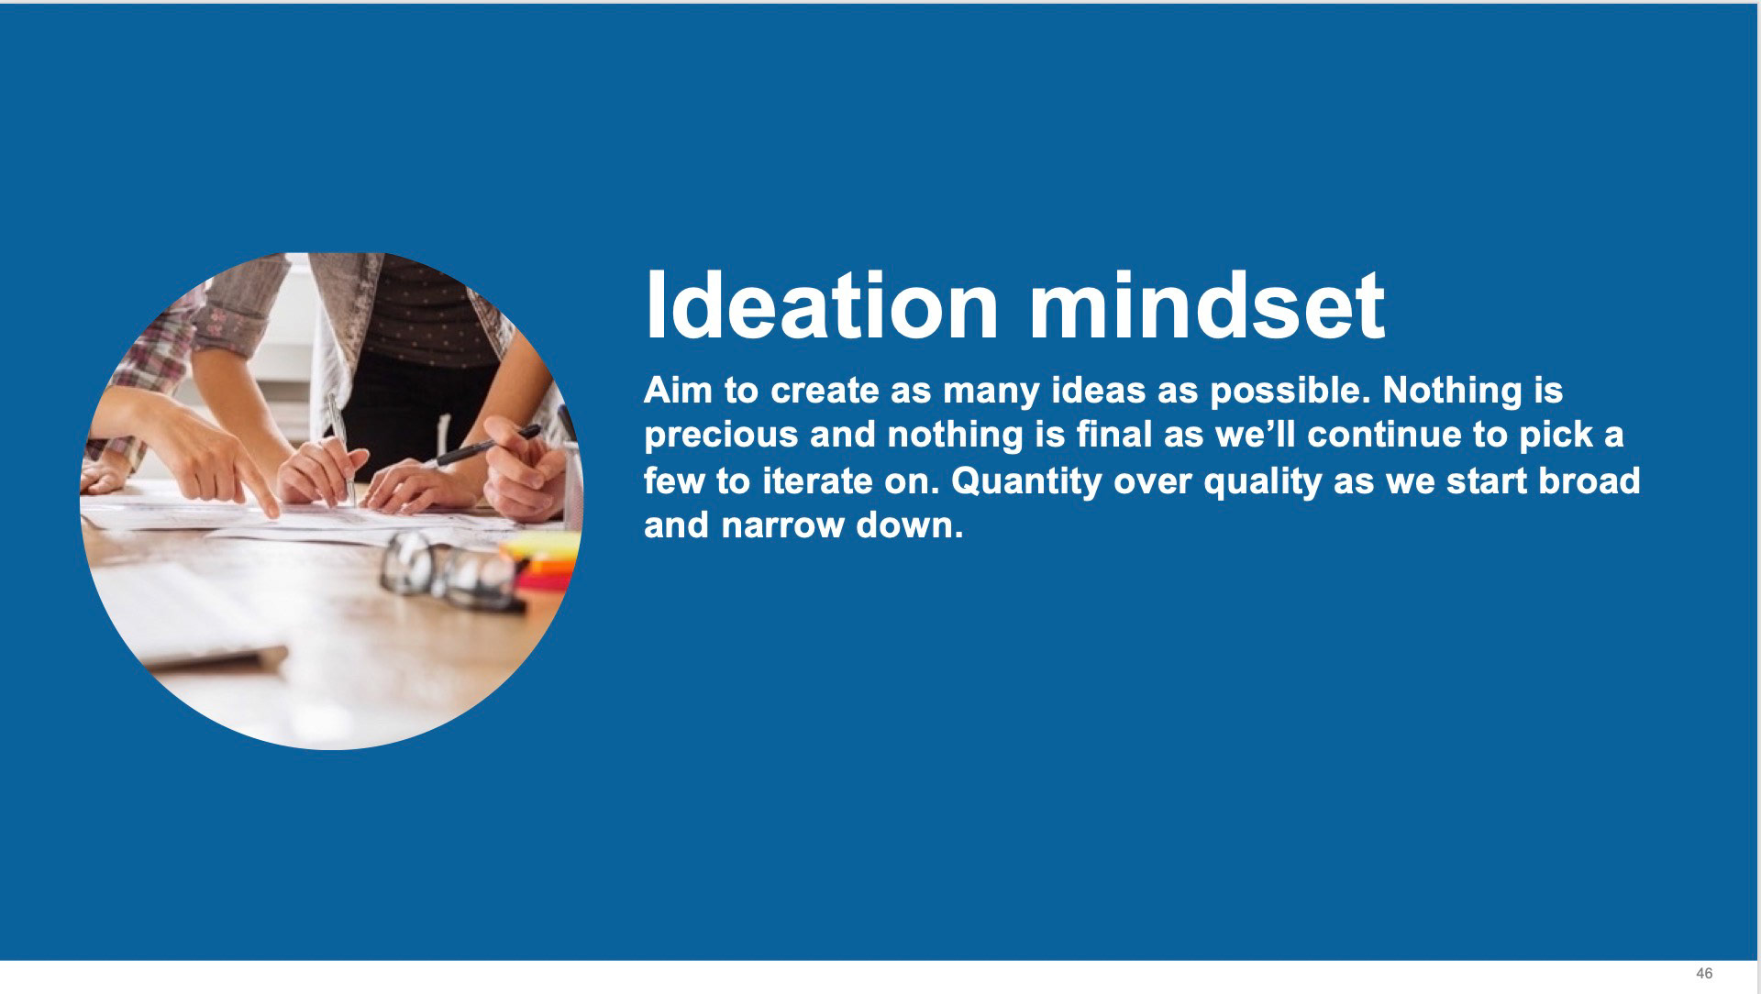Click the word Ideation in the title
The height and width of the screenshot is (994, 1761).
[822, 304]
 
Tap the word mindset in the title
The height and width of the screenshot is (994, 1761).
[1207, 304]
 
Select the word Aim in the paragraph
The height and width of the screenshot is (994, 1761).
[678, 391]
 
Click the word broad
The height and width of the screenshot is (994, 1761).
[1589, 481]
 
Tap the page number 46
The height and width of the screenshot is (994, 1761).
[1704, 973]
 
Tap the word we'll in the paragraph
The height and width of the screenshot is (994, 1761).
[1256, 435]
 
